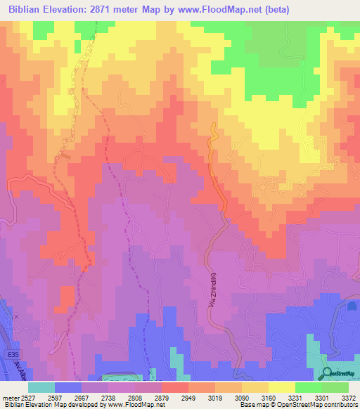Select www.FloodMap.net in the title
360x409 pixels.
pos(214,10)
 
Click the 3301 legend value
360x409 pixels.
pos(320,398)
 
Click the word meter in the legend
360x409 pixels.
pos(11,398)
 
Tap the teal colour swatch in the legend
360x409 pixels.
pos(41,387)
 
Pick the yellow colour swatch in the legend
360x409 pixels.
pos(282,387)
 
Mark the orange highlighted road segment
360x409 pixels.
pos(217,169)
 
